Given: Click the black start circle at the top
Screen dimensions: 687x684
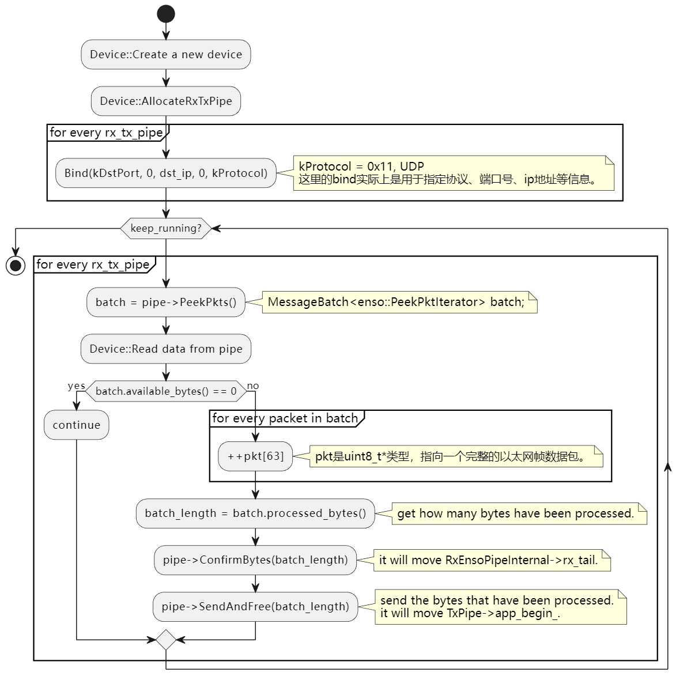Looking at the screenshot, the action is coord(166,14).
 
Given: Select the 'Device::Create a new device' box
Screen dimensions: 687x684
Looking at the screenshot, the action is coord(166,54).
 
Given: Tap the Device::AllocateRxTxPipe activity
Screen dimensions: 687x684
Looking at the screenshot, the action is coord(166,101).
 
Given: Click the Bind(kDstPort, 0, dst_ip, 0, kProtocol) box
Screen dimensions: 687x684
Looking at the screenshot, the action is coord(166,173).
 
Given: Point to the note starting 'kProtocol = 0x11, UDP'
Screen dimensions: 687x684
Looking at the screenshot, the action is coord(454,173).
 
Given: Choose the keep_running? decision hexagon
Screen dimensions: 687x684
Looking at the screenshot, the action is coord(166,228).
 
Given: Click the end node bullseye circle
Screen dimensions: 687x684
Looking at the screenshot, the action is coord(16,266).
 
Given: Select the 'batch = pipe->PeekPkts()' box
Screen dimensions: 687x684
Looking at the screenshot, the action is coord(166,303).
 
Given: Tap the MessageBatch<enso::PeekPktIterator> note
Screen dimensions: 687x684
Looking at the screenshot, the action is coord(399,303).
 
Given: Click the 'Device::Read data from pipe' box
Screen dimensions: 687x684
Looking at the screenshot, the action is coord(166,349).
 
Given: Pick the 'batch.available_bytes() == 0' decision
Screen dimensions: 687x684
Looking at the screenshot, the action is coord(166,391).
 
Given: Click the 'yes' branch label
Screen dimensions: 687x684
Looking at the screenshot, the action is coord(77,386).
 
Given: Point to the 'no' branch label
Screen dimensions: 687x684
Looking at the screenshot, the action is coord(253,386).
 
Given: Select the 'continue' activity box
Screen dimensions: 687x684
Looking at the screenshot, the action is coord(77,425).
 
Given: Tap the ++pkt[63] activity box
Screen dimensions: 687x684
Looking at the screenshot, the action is coord(255,456).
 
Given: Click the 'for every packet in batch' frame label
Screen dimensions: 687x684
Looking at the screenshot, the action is coord(285,418).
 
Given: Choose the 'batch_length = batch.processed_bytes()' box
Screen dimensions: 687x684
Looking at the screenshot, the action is coord(255,513).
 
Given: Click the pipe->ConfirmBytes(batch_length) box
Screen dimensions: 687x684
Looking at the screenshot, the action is coord(255,560).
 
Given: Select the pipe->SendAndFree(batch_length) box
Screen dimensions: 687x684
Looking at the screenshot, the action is coord(255,607).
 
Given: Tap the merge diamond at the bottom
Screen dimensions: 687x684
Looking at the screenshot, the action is coord(166,640).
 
